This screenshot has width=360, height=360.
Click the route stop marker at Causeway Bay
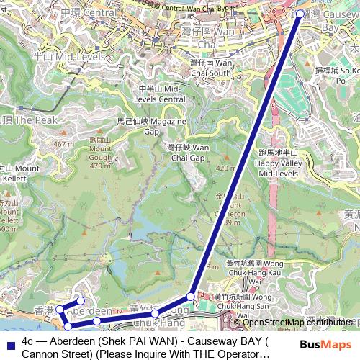click(300, 14)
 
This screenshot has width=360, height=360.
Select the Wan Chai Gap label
click(188, 152)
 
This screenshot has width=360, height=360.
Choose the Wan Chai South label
click(210, 68)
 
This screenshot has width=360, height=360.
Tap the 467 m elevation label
click(63, 144)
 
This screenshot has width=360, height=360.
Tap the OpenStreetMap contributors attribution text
click(297, 322)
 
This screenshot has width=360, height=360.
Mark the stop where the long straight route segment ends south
click(191, 296)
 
